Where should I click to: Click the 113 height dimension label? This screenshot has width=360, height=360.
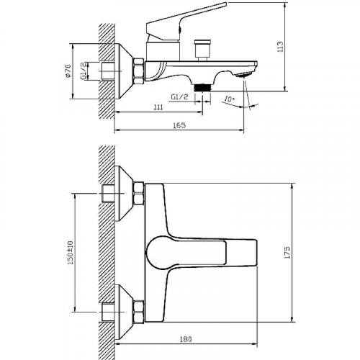(280, 47)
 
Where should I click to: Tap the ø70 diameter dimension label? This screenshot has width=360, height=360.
(68, 71)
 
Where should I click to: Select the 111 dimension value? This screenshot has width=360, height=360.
(158, 107)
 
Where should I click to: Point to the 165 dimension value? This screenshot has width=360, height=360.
(179, 125)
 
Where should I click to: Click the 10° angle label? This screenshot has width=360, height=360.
(230, 99)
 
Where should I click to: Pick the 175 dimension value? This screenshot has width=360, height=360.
(287, 252)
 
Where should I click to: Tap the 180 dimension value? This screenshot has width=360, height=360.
(186, 339)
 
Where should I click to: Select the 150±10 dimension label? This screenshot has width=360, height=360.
(71, 253)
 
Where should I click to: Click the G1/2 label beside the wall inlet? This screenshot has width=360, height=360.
(83, 71)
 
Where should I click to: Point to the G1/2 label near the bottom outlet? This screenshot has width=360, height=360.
(180, 96)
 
